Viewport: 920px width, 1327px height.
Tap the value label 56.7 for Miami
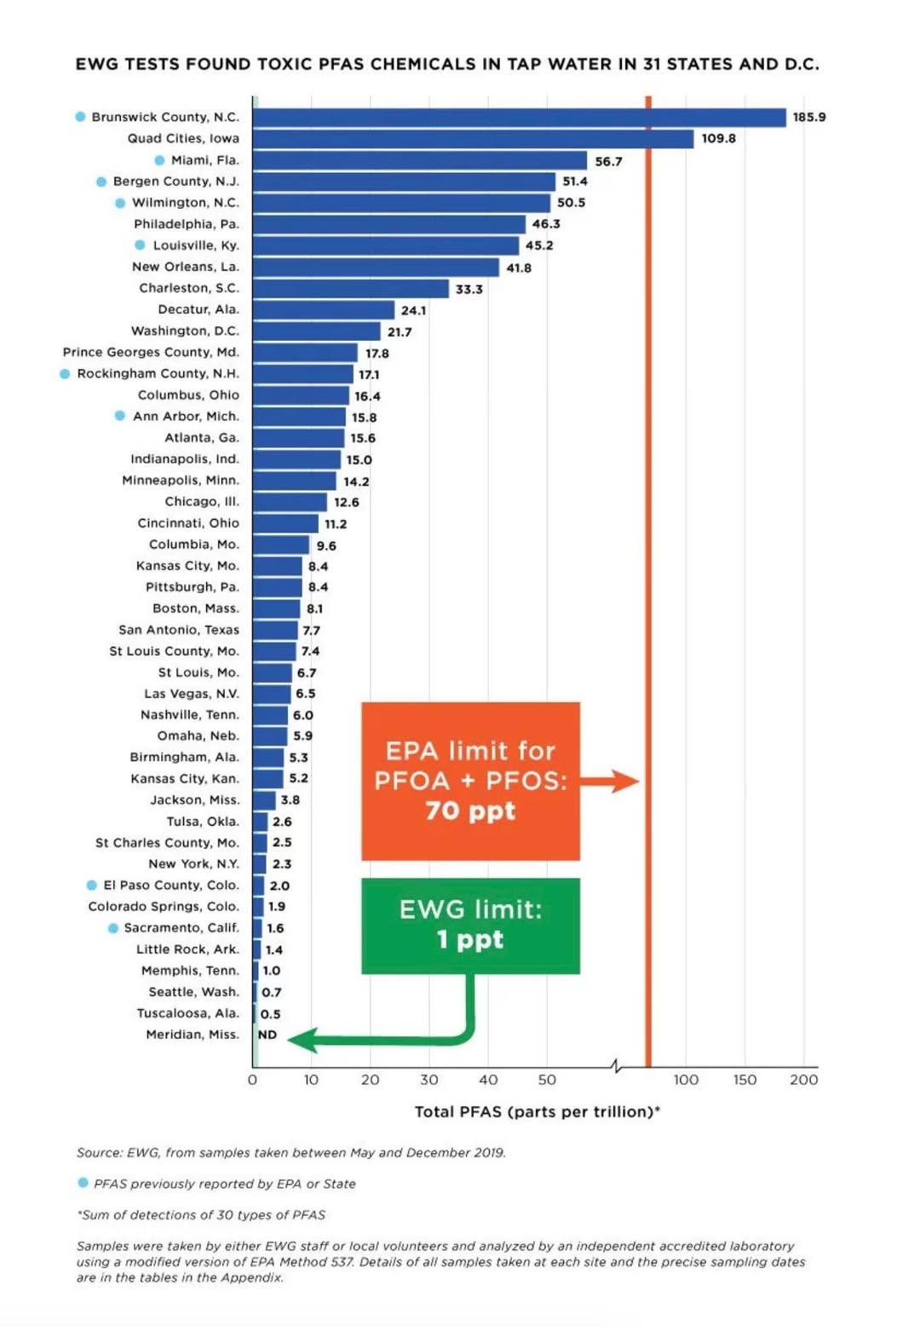(608, 161)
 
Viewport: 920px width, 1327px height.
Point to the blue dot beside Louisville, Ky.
(140, 245)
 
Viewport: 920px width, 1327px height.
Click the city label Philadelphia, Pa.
(187, 224)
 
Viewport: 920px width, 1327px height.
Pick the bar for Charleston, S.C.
(350, 289)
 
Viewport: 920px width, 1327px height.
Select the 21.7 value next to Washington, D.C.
(400, 332)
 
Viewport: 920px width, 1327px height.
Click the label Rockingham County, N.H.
(158, 373)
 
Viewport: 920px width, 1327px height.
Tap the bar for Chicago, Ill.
(290, 502)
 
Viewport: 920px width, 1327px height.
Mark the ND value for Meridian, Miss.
(267, 1035)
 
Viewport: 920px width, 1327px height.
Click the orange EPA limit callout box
(470, 781)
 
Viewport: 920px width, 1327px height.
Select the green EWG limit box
(470, 926)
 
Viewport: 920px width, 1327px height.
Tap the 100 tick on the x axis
(686, 1080)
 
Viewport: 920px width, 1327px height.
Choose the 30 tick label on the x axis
(429, 1080)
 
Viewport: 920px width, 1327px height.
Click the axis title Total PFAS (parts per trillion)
(537, 1111)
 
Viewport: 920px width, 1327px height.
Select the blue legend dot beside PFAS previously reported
(83, 1182)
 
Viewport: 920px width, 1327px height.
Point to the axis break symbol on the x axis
(617, 1065)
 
